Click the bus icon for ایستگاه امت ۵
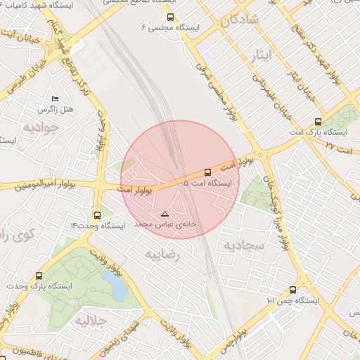pos(207,172)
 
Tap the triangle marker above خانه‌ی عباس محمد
pos(165,213)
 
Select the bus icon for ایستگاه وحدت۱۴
pos(97,215)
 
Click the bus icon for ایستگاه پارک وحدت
pos(38,276)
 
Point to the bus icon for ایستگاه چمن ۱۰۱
pos(292,290)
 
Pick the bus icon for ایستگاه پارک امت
pos(319,122)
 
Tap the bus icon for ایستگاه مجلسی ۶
pos(172,17)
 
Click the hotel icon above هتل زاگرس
pos(56,99)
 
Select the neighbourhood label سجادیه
pos(243,245)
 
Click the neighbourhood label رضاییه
pos(162,255)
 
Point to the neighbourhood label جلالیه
pos(89,323)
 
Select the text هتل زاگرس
pos(57,110)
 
